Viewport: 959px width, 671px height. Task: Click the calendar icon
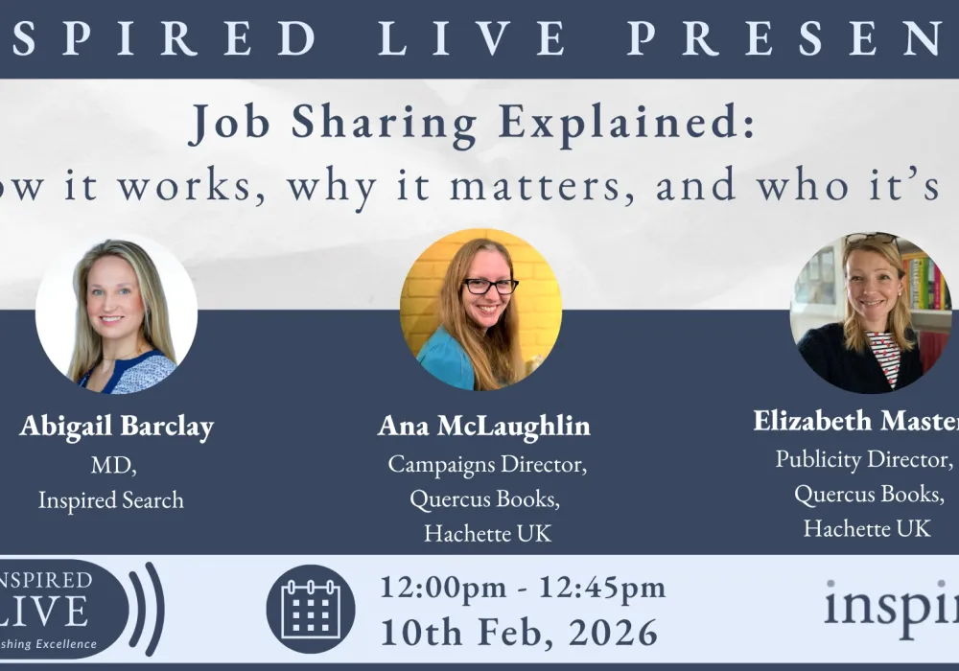(x=310, y=609)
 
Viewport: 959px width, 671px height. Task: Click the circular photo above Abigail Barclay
(x=116, y=312)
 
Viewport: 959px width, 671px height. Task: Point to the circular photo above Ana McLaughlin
(x=480, y=309)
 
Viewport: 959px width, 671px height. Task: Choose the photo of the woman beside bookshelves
(x=870, y=312)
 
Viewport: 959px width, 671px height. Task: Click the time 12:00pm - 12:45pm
(x=523, y=587)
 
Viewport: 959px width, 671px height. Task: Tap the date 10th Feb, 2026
(x=519, y=633)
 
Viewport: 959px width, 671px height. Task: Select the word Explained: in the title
(x=634, y=123)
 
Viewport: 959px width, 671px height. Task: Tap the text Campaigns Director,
(x=487, y=465)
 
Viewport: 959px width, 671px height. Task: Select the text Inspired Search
(x=110, y=499)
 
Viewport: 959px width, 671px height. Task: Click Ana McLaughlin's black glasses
(x=490, y=286)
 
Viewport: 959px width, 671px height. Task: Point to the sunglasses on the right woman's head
(x=872, y=240)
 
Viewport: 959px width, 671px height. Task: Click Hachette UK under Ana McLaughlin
(x=487, y=534)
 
